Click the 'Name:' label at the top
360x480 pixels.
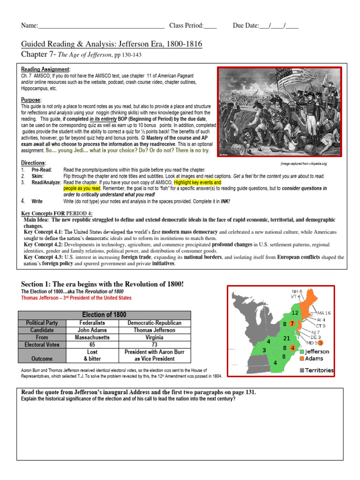click(29, 25)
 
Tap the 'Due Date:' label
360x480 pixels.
click(246, 25)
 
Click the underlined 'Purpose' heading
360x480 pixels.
click(31, 100)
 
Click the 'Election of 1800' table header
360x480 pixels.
click(104, 315)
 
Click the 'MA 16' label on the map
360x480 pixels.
click(324, 313)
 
